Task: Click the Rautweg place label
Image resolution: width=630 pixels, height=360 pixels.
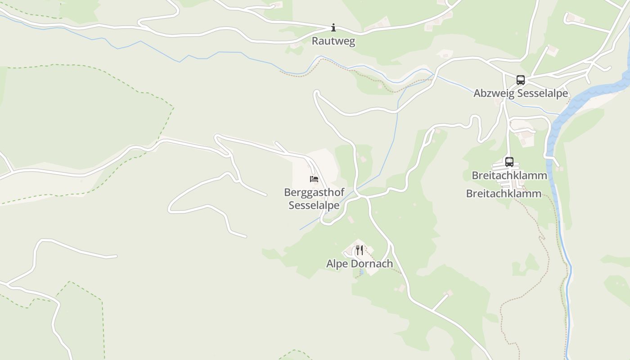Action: (x=333, y=41)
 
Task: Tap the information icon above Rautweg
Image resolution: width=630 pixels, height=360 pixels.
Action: (x=333, y=28)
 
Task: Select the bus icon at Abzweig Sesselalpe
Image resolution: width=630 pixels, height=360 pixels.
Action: (x=521, y=80)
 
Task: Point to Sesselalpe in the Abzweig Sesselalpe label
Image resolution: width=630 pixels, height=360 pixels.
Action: (x=542, y=93)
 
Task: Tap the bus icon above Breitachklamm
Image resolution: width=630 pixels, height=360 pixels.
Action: (x=509, y=162)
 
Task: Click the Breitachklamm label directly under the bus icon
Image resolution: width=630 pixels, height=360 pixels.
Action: (x=509, y=175)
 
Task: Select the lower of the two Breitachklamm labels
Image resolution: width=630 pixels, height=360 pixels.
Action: (x=504, y=193)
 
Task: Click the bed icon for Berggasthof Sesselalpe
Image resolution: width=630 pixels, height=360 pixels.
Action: (x=314, y=179)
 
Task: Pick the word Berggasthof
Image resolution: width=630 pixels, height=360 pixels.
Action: (x=314, y=192)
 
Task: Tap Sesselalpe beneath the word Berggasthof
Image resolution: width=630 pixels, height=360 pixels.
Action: (x=314, y=205)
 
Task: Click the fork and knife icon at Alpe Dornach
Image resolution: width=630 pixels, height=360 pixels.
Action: (x=360, y=250)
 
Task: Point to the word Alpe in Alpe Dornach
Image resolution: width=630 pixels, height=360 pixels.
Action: (x=337, y=264)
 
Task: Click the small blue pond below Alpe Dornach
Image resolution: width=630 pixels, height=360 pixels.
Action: (x=361, y=272)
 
